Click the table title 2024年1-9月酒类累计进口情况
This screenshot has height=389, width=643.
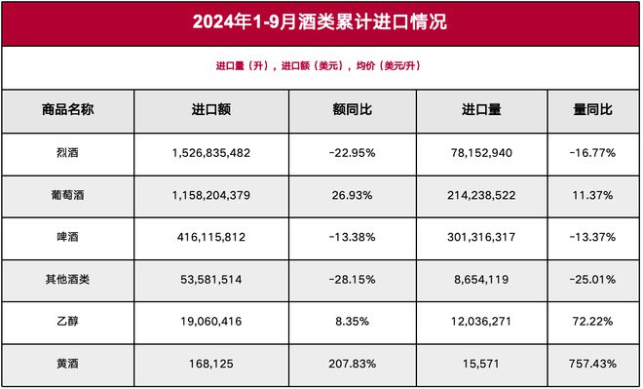tap(321, 21)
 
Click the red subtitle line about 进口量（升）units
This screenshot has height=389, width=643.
tap(321, 66)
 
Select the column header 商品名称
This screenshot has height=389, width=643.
tap(67, 111)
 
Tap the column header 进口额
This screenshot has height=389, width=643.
tap(210, 111)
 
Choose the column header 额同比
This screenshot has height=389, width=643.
tap(353, 111)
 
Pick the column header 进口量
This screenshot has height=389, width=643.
tap(481, 111)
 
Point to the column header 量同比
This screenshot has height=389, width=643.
tap(592, 111)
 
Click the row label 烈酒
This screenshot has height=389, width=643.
tap(67, 154)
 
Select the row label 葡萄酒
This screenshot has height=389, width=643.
tap(67, 196)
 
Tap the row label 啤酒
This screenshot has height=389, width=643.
tap(67, 238)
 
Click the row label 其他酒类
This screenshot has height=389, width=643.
tap(67, 280)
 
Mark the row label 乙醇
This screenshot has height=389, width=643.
tap(67, 322)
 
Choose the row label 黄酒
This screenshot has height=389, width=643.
tap(67, 365)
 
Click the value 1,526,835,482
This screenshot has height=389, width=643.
tap(210, 154)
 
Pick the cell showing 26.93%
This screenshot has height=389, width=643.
tap(353, 196)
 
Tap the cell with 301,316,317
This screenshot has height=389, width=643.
tap(481, 238)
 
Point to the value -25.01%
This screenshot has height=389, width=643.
tap(592, 280)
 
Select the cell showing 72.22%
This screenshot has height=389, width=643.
tap(592, 322)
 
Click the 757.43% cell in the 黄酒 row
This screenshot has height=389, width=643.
tap(592, 365)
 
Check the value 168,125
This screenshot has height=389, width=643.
tap(210, 365)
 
